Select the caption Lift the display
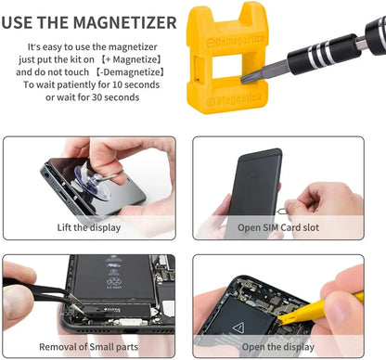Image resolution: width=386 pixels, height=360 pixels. (88, 226)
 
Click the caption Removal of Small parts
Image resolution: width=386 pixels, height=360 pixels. (88, 348)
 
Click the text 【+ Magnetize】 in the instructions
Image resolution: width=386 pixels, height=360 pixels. (135, 58)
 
